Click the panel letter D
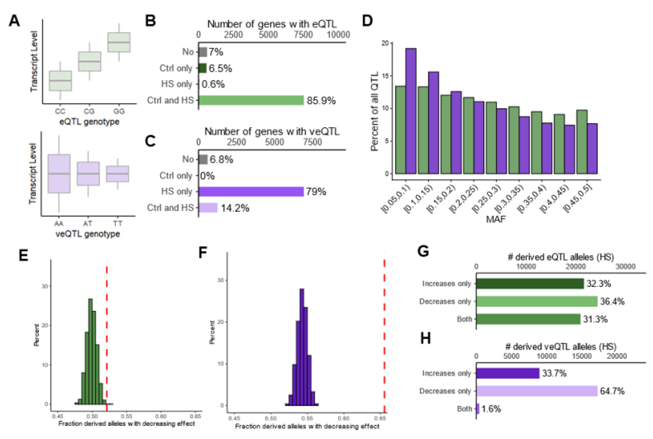pyautogui.click(x=367, y=21)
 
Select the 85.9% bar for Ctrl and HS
pyautogui.click(x=251, y=100)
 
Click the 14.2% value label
pyautogui.click(x=234, y=208)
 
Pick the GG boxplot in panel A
pyautogui.click(x=119, y=42)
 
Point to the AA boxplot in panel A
pyautogui.click(x=59, y=173)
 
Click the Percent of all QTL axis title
pyautogui.click(x=376, y=109)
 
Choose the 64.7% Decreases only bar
pyautogui.click(x=537, y=391)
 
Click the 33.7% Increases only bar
pyautogui.click(x=508, y=373)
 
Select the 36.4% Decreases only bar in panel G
pyautogui.click(x=537, y=301)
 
